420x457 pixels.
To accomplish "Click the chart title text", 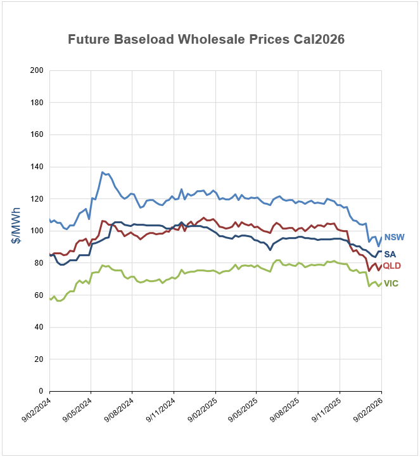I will [206, 39].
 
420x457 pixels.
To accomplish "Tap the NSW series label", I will [394, 237].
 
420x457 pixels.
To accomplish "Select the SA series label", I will [390, 254].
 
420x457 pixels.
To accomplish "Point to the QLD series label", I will [392, 266].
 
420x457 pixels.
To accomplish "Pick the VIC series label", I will [391, 283].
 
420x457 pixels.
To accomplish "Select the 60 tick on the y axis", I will [38, 295].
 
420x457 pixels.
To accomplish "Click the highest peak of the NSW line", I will [103, 172].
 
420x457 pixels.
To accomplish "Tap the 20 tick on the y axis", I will [38, 359].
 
